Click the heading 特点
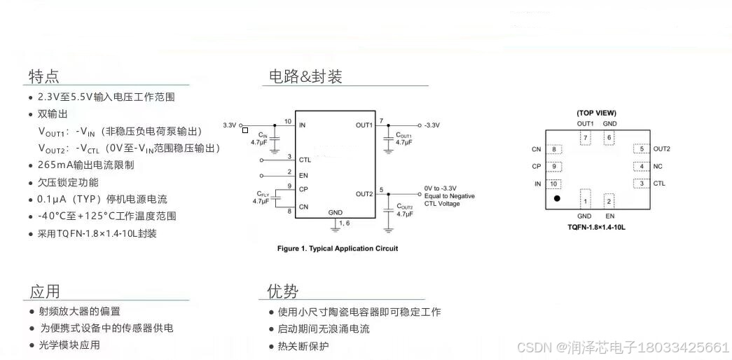[43, 76]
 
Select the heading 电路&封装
[305, 76]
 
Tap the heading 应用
[44, 291]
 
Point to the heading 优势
[283, 291]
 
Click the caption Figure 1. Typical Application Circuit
[338, 249]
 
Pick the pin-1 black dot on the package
[557, 199]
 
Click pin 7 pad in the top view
[586, 138]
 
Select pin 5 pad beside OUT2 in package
[641, 149]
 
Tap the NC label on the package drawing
[658, 167]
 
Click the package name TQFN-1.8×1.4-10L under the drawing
[597, 227]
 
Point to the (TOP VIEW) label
[597, 113]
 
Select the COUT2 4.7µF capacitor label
[404, 209]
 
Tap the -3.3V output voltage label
[432, 125]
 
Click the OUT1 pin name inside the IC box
[364, 125]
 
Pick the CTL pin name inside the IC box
[305, 160]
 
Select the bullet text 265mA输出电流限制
[85, 165]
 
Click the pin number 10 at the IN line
[287, 121]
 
